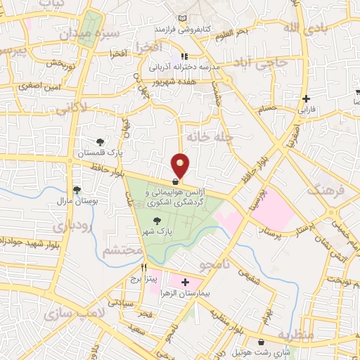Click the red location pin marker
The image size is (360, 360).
click(181, 166)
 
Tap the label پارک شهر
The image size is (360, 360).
click(162, 230)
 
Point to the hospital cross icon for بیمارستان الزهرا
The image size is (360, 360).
click(185, 282)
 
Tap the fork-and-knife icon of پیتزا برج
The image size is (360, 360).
click(143, 267)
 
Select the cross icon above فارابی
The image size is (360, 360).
click(305, 99)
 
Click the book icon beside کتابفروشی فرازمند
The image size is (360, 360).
click(183, 17)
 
